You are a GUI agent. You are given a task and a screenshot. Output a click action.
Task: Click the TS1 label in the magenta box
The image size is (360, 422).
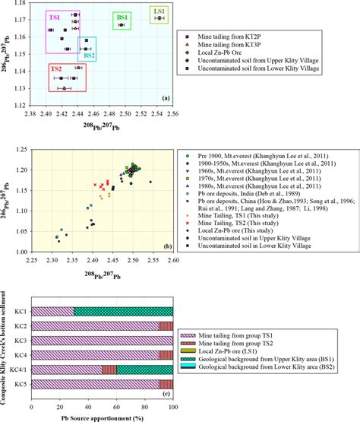55,16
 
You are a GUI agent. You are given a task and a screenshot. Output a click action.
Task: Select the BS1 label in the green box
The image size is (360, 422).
122,16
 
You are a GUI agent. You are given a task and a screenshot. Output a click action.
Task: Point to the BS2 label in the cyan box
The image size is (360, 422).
89,55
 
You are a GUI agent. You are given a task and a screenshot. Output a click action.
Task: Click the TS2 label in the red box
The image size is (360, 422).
56,69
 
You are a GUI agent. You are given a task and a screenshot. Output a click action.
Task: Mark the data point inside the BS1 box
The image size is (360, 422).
121,25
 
